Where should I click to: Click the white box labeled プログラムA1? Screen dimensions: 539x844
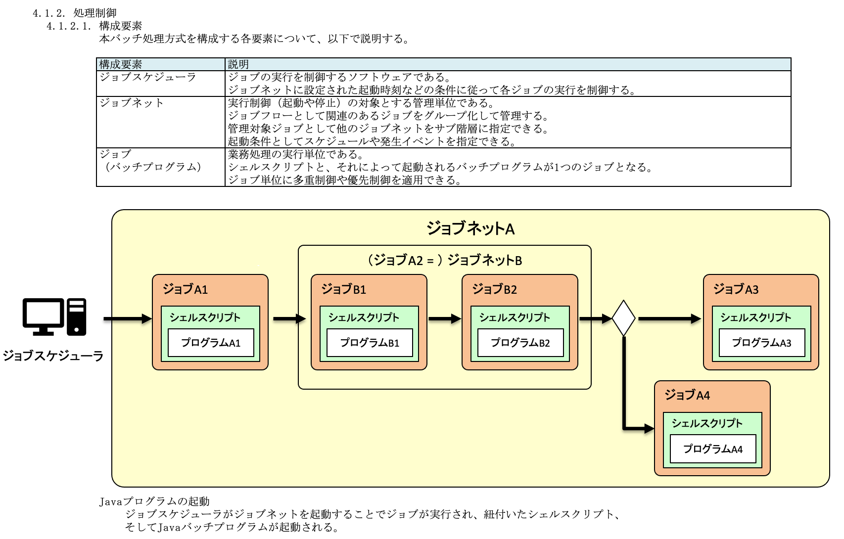pos(211,343)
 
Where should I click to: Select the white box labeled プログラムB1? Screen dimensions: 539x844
pos(370,343)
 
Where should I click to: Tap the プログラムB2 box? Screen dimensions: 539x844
pos(520,343)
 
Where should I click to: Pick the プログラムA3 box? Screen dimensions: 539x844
pos(762,343)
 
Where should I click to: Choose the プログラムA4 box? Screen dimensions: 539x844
pos(713,449)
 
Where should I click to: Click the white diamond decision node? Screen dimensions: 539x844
pos(623,318)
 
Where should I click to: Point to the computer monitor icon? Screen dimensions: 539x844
pos(44,315)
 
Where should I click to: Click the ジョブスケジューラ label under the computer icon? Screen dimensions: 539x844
pos(53,356)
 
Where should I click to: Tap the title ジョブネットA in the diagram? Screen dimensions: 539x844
pos(470,228)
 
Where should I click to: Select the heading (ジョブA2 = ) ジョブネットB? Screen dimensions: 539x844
pos(445,260)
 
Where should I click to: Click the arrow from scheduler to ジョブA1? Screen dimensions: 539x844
pos(128,318)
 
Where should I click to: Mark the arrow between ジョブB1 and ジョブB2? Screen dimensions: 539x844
pos(444,318)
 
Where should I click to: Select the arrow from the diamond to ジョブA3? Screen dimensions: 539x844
pos(669,318)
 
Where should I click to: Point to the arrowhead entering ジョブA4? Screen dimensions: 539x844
pos(649,428)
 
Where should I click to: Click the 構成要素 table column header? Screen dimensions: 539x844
pos(121,64)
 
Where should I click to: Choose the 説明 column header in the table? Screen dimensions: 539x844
pos(238,64)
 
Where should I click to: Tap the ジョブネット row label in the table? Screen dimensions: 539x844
pos(132,103)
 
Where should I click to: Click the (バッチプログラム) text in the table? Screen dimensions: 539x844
pos(153,167)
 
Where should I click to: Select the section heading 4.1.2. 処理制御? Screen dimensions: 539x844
pos(75,13)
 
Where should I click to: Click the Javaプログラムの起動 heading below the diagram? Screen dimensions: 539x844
pos(155,501)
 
